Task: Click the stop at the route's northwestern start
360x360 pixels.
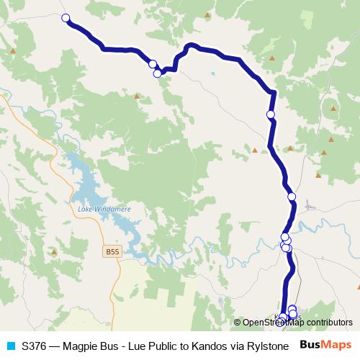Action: click(66, 18)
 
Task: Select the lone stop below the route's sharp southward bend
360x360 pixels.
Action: click(271, 114)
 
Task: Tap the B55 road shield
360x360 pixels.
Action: click(110, 252)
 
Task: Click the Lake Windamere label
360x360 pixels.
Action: click(98, 209)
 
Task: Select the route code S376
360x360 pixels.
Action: click(37, 346)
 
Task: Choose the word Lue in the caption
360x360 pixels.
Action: click(158, 346)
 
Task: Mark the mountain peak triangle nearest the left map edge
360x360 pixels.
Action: click(14, 51)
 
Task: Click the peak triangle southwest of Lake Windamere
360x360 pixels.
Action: click(54, 252)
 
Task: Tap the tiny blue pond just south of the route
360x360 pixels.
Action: click(213, 74)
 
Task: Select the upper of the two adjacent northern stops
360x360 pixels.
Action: click(153, 64)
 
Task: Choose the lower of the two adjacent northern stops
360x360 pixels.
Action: click(157, 73)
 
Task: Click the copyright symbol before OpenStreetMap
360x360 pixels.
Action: click(238, 323)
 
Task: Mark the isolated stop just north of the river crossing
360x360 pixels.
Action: click(292, 197)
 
